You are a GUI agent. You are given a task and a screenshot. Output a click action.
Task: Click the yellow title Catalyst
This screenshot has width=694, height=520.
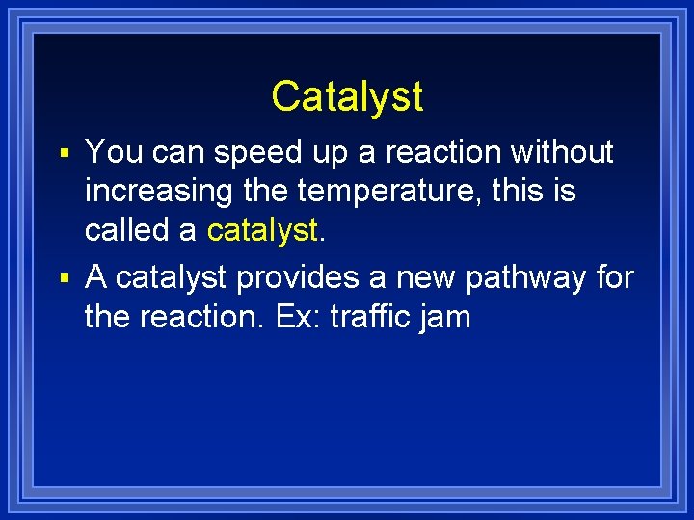point(347,96)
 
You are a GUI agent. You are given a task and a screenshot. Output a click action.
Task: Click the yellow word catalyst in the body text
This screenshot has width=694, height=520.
point(260,232)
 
